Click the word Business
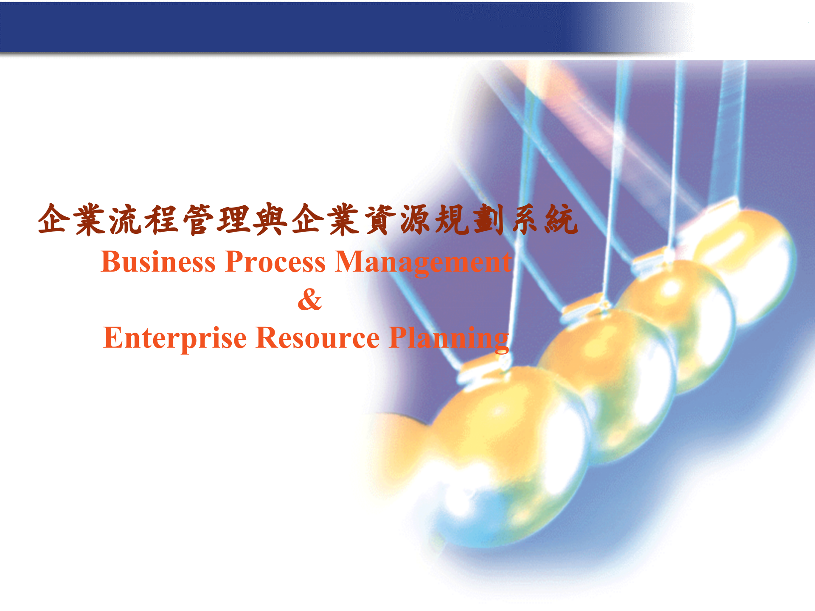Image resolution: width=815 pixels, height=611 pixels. click(158, 262)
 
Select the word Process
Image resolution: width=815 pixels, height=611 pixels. click(275, 262)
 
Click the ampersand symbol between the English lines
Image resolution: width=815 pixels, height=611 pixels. click(310, 300)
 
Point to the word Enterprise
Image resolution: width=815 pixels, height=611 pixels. click(175, 339)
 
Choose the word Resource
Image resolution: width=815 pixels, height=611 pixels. click(318, 338)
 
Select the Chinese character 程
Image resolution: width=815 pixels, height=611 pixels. click(162, 220)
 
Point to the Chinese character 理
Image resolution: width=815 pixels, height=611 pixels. click(234, 220)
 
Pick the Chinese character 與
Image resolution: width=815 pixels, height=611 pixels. click(270, 220)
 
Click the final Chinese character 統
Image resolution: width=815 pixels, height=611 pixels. click(561, 220)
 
